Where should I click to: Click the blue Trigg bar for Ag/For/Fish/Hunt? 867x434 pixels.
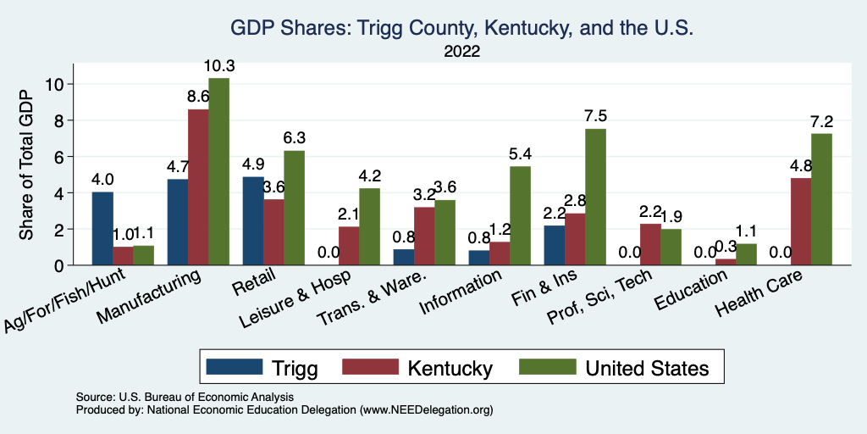[x=102, y=229]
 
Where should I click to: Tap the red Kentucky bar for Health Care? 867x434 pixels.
[x=800, y=222]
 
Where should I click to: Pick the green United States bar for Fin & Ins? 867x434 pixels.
[x=595, y=198]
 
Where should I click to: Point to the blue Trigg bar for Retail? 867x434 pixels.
[x=253, y=221]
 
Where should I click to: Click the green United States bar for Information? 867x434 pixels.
[x=520, y=216]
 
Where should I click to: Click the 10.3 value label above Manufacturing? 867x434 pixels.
[x=218, y=66]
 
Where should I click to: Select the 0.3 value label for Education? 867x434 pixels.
[x=726, y=248]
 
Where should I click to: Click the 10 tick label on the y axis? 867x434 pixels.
[x=54, y=84]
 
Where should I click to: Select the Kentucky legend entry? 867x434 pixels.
[x=450, y=368]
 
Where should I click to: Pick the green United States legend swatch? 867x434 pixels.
[x=547, y=368]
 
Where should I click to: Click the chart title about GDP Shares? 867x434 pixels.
[x=462, y=29]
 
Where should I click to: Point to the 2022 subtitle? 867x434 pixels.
[x=462, y=52]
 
